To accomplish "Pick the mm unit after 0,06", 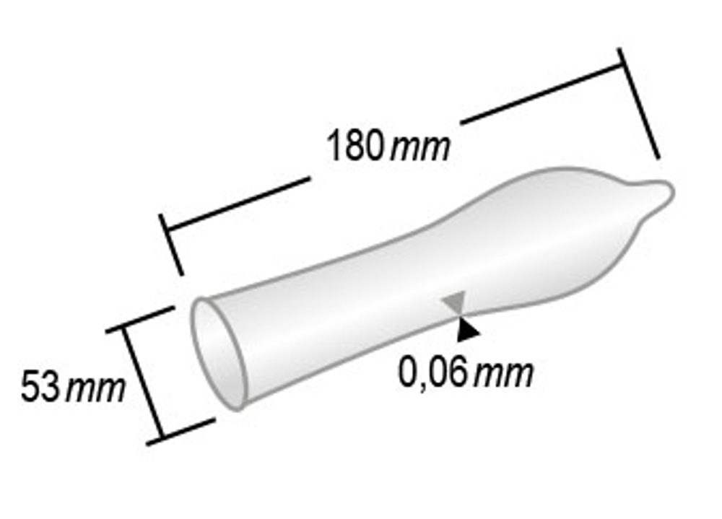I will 505,374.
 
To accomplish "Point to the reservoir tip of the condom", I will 658,193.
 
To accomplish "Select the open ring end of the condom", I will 217,354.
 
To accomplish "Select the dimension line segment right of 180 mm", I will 541,91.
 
